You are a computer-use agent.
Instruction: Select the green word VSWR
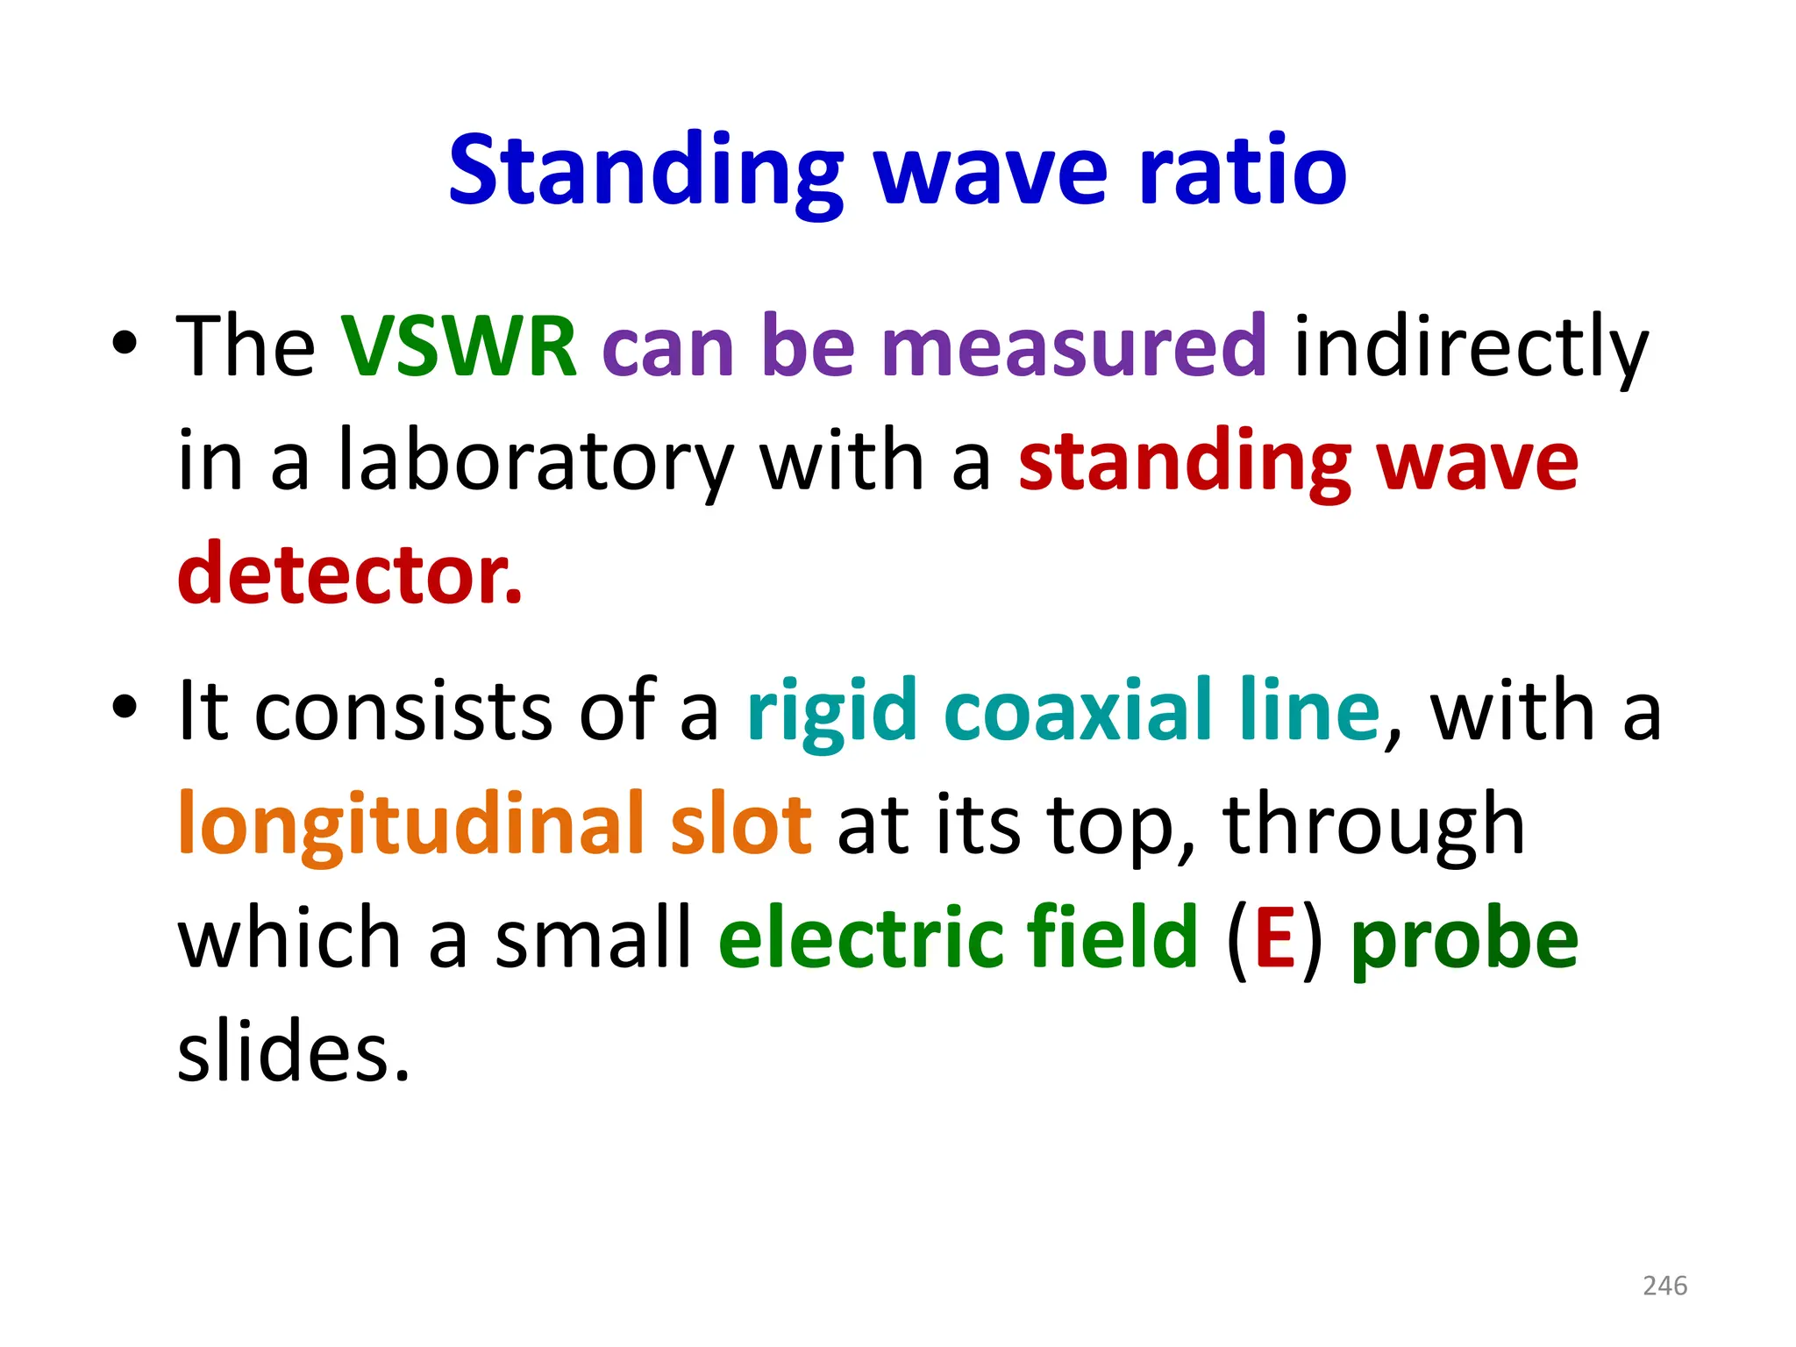[x=459, y=346]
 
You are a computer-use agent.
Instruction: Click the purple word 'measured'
[x=1073, y=346]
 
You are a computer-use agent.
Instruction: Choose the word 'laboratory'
[x=535, y=461]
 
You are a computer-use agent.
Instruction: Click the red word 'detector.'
[x=349, y=574]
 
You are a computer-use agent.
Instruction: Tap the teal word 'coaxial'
[x=1083, y=710]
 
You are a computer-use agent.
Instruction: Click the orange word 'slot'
[x=741, y=824]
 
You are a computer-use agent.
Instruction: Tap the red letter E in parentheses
[x=1274, y=938]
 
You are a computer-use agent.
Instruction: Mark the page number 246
[x=1664, y=1286]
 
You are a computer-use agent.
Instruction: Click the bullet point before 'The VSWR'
[x=125, y=343]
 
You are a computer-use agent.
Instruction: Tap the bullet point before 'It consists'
[x=125, y=706]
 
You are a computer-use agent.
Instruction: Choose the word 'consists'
[x=403, y=710]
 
